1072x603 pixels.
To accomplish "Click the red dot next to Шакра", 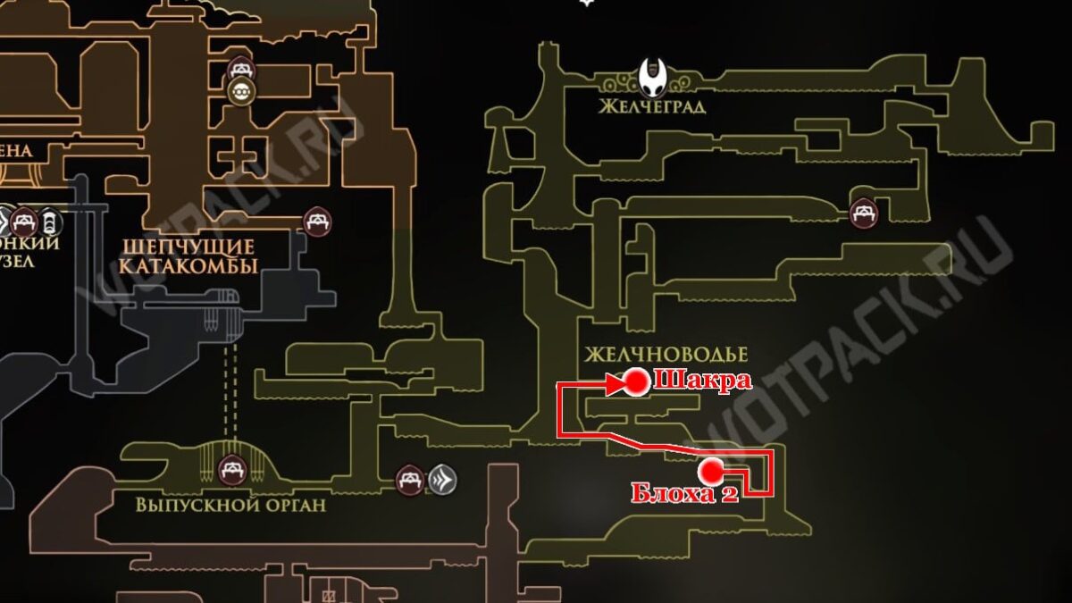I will pos(636,382).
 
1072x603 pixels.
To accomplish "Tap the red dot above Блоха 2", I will pos(711,471).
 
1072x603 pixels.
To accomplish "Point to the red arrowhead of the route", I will pos(615,385).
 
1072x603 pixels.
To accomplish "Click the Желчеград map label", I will pos(653,107).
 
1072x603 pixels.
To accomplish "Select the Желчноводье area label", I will pos(666,355).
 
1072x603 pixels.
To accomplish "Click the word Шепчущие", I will pos(189,247).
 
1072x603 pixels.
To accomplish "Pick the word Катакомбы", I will pos(188,266).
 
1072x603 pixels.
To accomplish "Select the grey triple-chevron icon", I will pos(443,480).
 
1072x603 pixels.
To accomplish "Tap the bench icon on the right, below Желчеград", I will pos(863,213).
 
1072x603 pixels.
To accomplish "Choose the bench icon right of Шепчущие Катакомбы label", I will pos(317,220).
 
